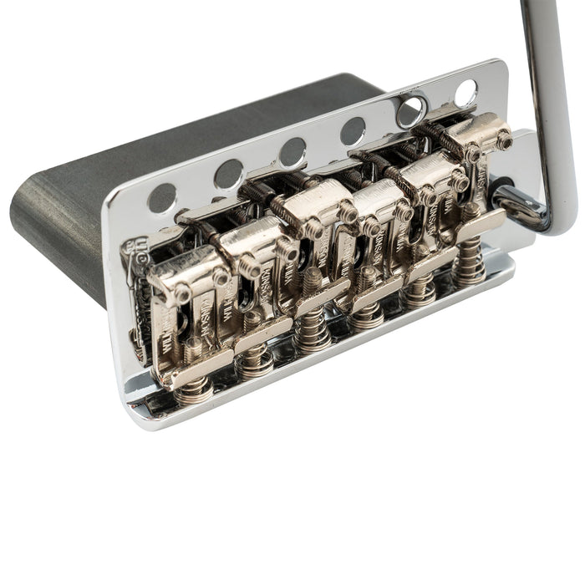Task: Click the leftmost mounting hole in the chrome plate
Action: [x=161, y=197]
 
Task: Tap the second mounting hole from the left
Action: [x=228, y=174]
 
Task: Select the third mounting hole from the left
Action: [x=292, y=152]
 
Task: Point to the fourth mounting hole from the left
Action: [x=353, y=130]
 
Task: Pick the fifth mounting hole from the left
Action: [x=410, y=110]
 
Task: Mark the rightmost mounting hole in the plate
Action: [x=465, y=92]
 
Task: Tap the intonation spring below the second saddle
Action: [x=254, y=361]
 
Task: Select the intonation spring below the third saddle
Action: [x=313, y=335]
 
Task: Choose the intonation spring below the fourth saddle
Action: [x=368, y=313]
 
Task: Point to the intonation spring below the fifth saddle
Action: [x=420, y=289]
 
